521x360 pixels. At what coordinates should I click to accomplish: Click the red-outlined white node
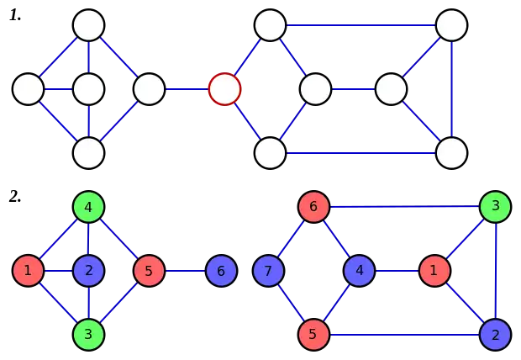[x=224, y=88]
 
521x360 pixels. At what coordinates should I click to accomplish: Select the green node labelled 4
[x=88, y=206]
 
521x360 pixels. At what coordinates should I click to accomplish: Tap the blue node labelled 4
[x=359, y=271]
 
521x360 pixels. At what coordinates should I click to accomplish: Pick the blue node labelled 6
[x=221, y=271]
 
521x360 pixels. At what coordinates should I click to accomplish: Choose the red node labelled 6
[x=312, y=206]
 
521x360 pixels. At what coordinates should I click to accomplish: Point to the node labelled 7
[x=268, y=271]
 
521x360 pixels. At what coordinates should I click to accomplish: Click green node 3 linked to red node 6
[x=495, y=206]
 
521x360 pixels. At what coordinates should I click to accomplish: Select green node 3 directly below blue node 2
[x=88, y=334]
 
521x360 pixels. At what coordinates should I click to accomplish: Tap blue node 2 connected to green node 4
[x=88, y=271]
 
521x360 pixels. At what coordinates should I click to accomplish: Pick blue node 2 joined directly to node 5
[x=495, y=334]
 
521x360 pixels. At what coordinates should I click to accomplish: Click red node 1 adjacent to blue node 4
[x=434, y=271]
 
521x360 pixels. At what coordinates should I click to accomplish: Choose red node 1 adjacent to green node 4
[x=28, y=271]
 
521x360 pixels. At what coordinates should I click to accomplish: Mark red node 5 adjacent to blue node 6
[x=149, y=271]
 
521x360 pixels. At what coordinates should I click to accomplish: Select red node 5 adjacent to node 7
[x=312, y=334]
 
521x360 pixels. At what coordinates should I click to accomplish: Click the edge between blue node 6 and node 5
[x=185, y=271]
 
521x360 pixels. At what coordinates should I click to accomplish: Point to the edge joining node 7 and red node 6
[x=290, y=239]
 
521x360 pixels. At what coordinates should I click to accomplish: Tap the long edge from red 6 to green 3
[x=403, y=206]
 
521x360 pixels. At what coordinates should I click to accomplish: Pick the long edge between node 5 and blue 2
[x=403, y=334]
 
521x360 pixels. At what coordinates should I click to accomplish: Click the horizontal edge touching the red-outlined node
[x=187, y=88]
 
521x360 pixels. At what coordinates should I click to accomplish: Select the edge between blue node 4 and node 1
[x=396, y=271]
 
